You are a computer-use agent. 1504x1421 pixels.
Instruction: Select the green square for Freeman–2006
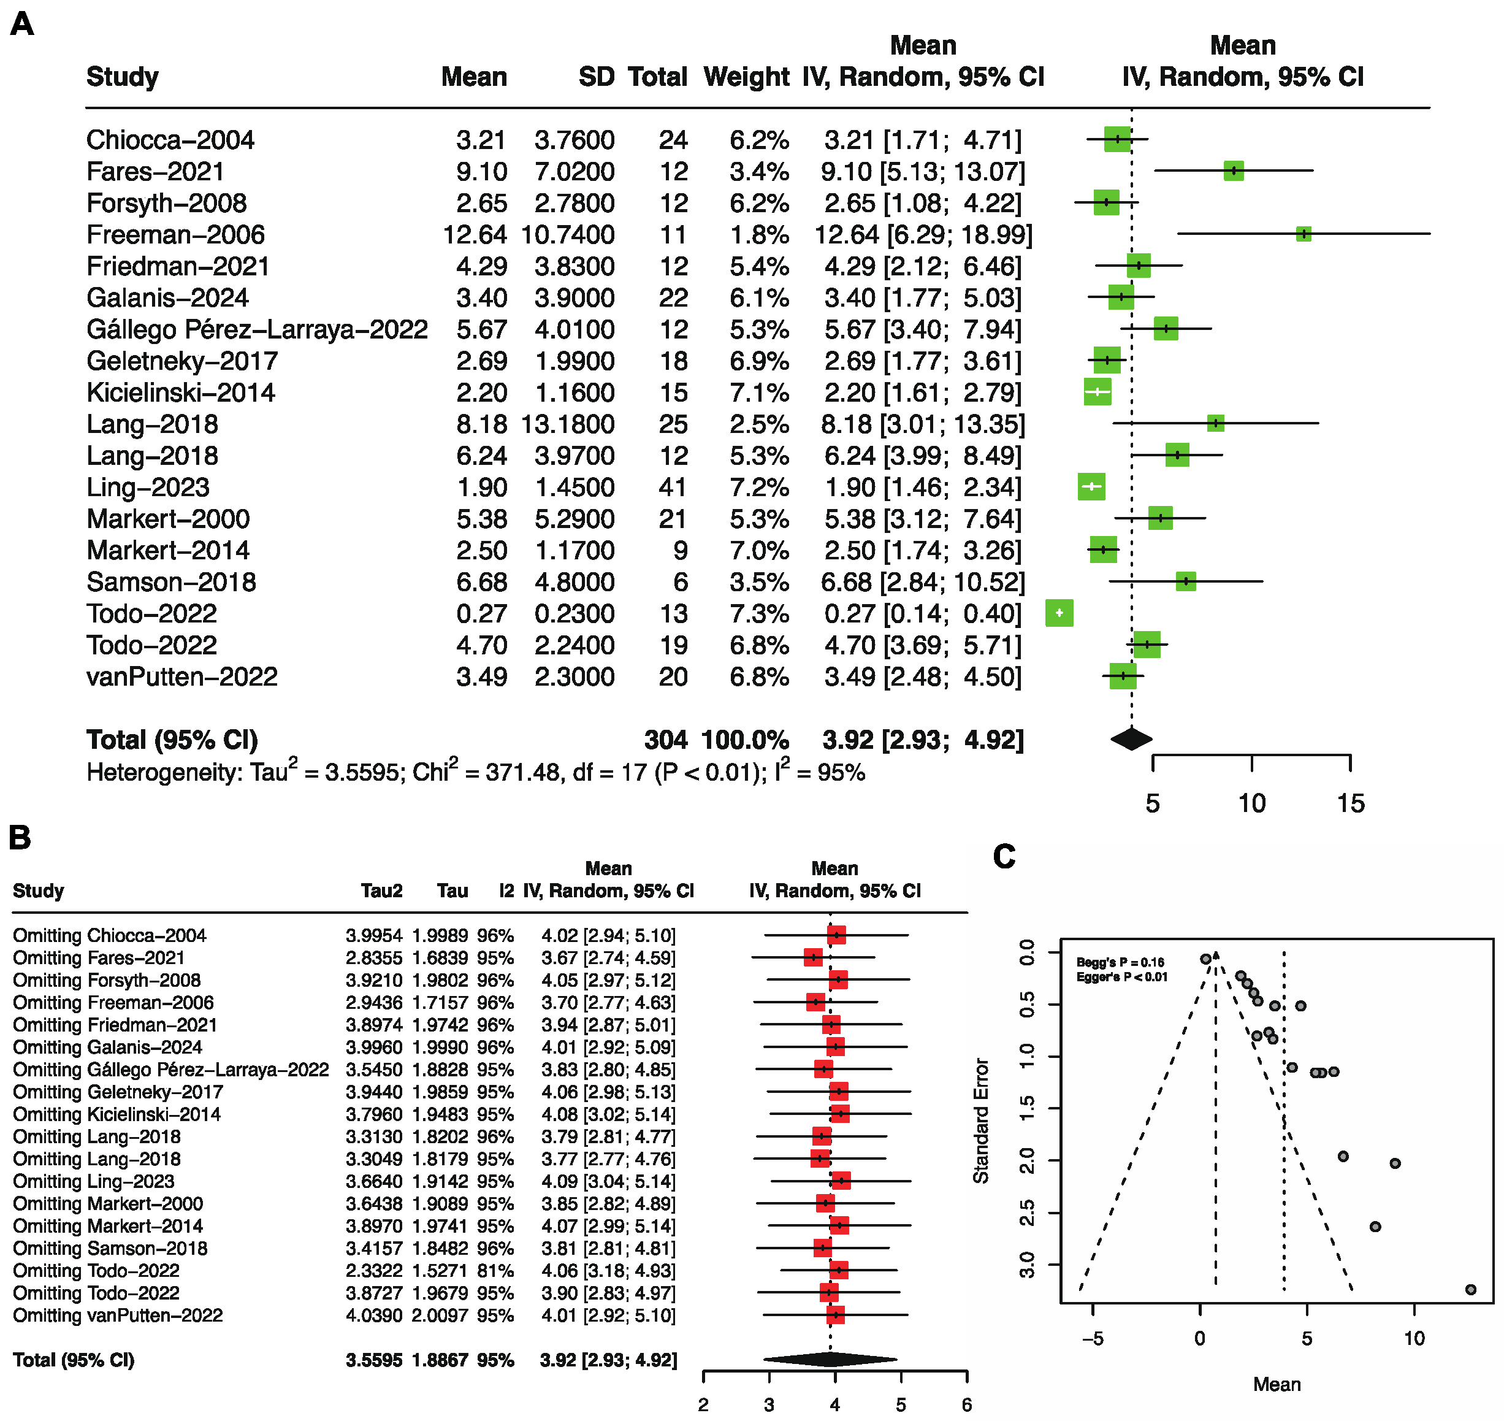click(1302, 234)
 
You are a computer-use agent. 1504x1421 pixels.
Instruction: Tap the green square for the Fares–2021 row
click(1233, 171)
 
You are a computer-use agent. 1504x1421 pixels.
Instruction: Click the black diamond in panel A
click(1131, 738)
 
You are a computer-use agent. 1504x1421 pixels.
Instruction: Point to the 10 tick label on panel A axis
click(1251, 803)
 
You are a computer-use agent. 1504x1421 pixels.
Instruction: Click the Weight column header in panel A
click(746, 77)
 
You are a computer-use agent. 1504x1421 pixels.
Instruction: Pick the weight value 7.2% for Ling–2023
click(759, 487)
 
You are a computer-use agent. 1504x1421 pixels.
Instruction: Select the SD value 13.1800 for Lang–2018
click(567, 424)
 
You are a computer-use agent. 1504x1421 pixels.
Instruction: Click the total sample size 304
click(665, 740)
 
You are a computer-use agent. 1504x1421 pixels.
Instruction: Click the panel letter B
click(20, 838)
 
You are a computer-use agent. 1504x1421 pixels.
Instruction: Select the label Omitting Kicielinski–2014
click(116, 1114)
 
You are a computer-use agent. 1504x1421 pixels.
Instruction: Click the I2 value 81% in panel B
click(495, 1271)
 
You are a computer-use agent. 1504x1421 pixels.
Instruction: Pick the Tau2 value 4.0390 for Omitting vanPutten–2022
click(374, 1316)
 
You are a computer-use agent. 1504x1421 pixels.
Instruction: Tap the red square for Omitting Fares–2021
click(812, 957)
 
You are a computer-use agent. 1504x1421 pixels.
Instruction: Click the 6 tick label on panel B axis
click(966, 1404)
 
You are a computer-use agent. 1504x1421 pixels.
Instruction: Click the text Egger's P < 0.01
click(1121, 977)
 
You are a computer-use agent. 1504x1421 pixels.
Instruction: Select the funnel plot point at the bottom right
click(1470, 1290)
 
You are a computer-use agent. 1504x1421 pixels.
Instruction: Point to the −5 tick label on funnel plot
click(1092, 1338)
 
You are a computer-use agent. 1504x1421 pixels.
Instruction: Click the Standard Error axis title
click(981, 1120)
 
